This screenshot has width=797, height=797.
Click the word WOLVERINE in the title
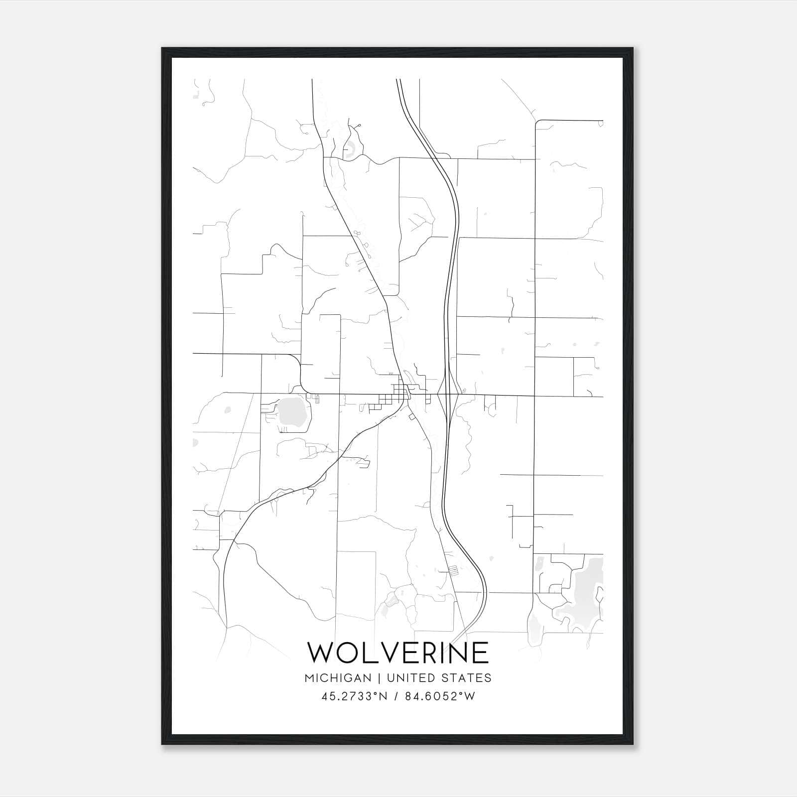tap(398, 653)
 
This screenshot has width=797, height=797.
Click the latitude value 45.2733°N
tap(355, 696)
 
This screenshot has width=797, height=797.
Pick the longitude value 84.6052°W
tap(440, 696)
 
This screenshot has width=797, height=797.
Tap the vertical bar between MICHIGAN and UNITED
tap(379, 678)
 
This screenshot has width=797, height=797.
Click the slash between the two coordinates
tap(397, 696)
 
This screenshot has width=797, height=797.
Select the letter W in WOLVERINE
tap(321, 653)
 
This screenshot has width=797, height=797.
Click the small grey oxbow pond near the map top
tap(350, 148)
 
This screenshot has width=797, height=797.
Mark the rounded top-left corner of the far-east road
tap(537, 122)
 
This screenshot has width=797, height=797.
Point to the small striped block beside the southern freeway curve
tap(453, 571)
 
